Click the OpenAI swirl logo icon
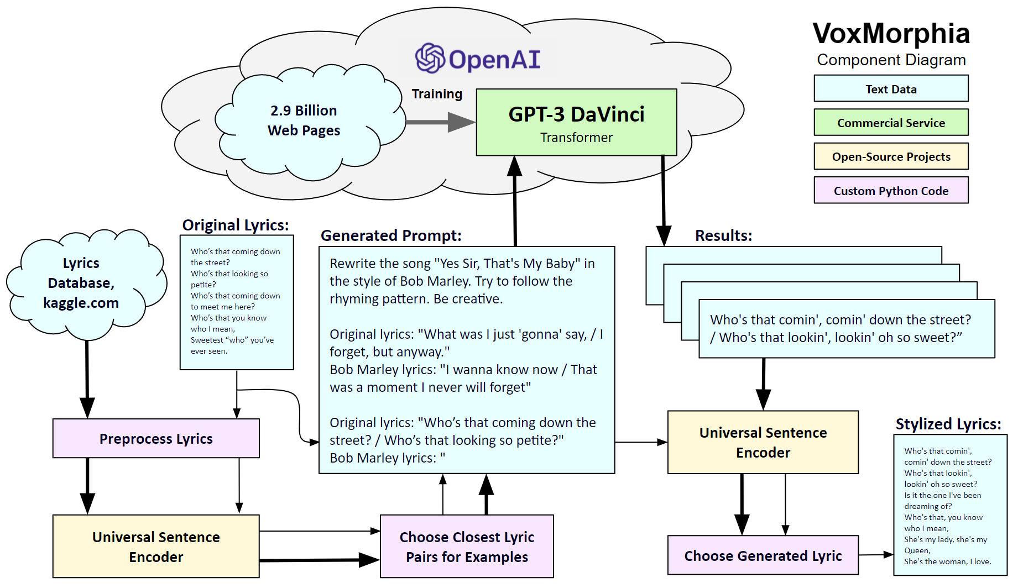[430, 58]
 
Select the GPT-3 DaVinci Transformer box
[576, 122]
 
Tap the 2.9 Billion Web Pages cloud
[304, 121]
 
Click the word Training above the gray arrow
[437, 94]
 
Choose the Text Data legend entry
[891, 89]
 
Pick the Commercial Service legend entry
[891, 123]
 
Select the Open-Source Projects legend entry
[891, 156]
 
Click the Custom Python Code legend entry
[891, 191]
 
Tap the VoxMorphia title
[891, 33]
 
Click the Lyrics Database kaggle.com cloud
[81, 283]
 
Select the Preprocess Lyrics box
[156, 438]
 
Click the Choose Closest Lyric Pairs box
[467, 547]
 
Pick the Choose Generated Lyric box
[763, 555]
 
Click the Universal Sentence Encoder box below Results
[763, 442]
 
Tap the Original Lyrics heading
[236, 225]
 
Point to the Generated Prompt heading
[391, 235]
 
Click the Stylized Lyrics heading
[948, 424]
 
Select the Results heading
[723, 235]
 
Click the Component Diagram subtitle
[891, 60]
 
